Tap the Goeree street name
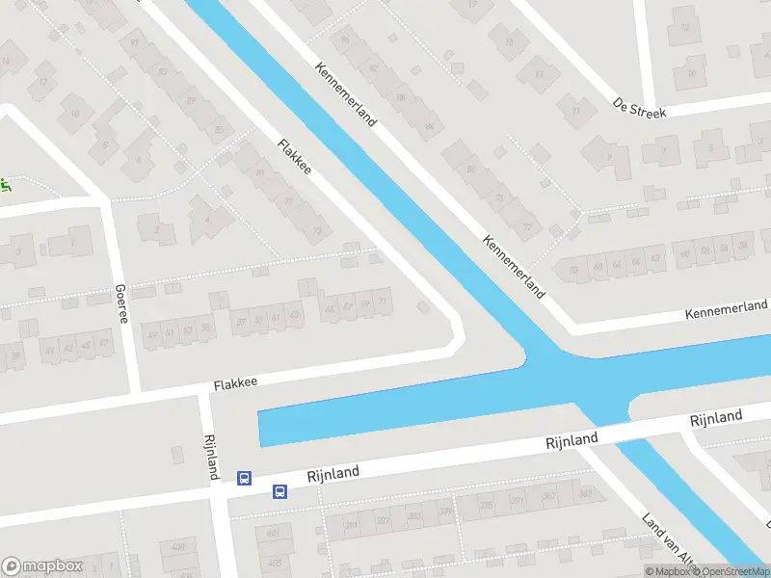120,303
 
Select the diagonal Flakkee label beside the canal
295,157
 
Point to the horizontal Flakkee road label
235,383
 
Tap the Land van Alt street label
668,538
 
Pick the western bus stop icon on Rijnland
245,478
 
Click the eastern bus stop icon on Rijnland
279,491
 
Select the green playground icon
4,186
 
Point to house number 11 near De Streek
575,112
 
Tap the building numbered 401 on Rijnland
274,532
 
